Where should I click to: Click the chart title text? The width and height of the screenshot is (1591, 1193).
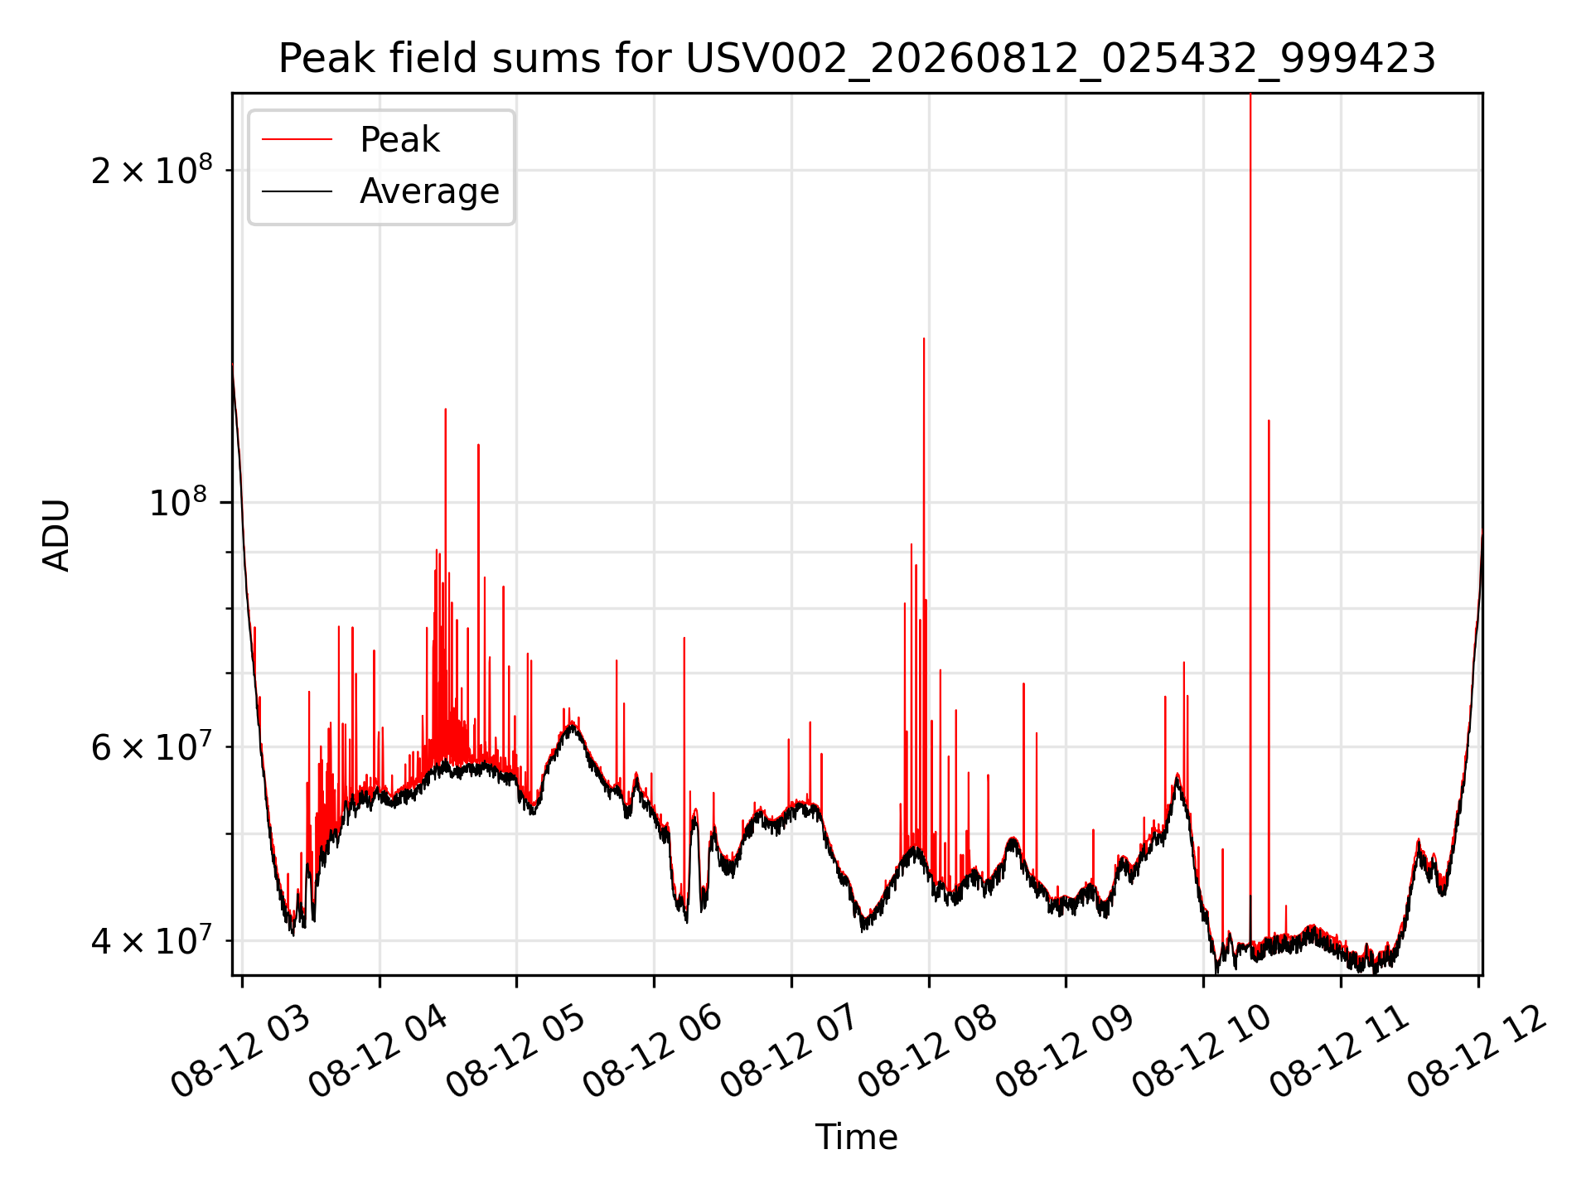click(857, 59)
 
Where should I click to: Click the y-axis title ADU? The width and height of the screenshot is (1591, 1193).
click(56, 534)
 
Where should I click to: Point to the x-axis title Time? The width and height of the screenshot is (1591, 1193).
click(857, 1137)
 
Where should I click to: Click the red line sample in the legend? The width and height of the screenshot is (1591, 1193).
click(297, 140)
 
